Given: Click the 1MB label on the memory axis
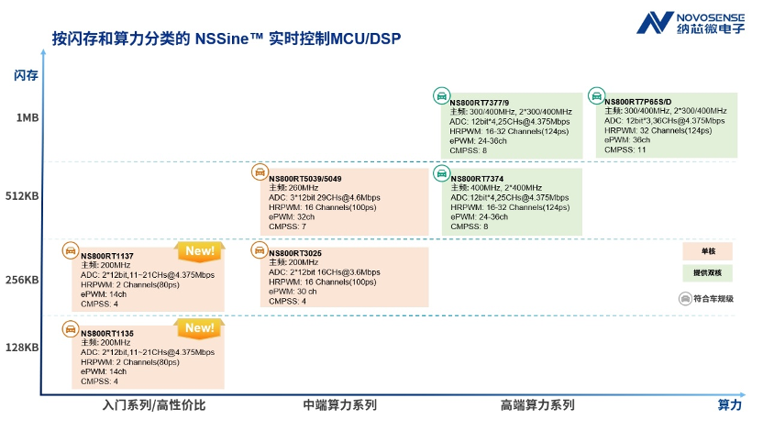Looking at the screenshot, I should click(x=27, y=117).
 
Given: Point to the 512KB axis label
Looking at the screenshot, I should click(x=23, y=194).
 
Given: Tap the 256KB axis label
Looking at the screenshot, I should click(x=23, y=280).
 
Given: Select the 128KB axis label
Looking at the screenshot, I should click(x=23, y=348).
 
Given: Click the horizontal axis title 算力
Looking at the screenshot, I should click(x=728, y=404).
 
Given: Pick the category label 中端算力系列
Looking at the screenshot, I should click(x=339, y=404).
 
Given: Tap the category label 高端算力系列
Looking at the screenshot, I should click(x=537, y=404).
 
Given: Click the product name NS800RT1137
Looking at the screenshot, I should click(x=107, y=256).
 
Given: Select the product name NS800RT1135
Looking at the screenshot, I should click(x=107, y=334).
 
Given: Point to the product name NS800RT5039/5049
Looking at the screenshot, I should click(x=304, y=179).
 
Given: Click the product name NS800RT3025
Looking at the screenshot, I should click(x=294, y=253).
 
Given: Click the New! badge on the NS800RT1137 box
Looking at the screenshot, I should click(x=199, y=250).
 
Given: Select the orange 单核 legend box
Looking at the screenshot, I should click(x=707, y=250).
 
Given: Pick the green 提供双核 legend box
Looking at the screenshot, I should click(x=707, y=273).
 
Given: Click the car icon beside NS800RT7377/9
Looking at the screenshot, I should click(x=440, y=95).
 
